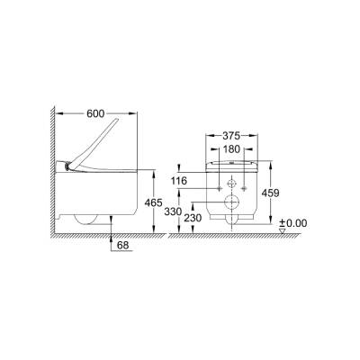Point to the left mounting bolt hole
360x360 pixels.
(x=220, y=190)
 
